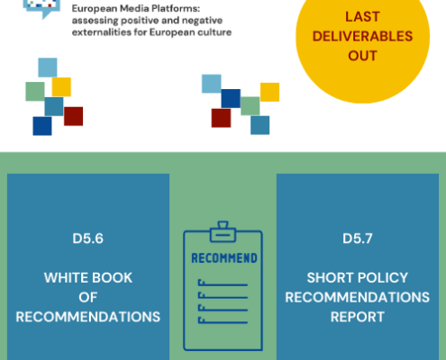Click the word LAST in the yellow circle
[x=362, y=17]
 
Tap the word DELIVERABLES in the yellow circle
[x=362, y=36]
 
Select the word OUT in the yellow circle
[x=362, y=56]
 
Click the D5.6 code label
[x=87, y=238]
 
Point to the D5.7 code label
[x=358, y=238]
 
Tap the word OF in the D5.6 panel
[x=88, y=297]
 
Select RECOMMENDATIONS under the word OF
[x=88, y=317]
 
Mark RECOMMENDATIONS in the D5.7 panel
[x=358, y=297]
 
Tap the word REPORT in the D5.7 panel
[x=358, y=317]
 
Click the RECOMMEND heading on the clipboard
[x=224, y=258]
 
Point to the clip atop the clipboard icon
[x=223, y=231]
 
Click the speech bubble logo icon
[x=41, y=8]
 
